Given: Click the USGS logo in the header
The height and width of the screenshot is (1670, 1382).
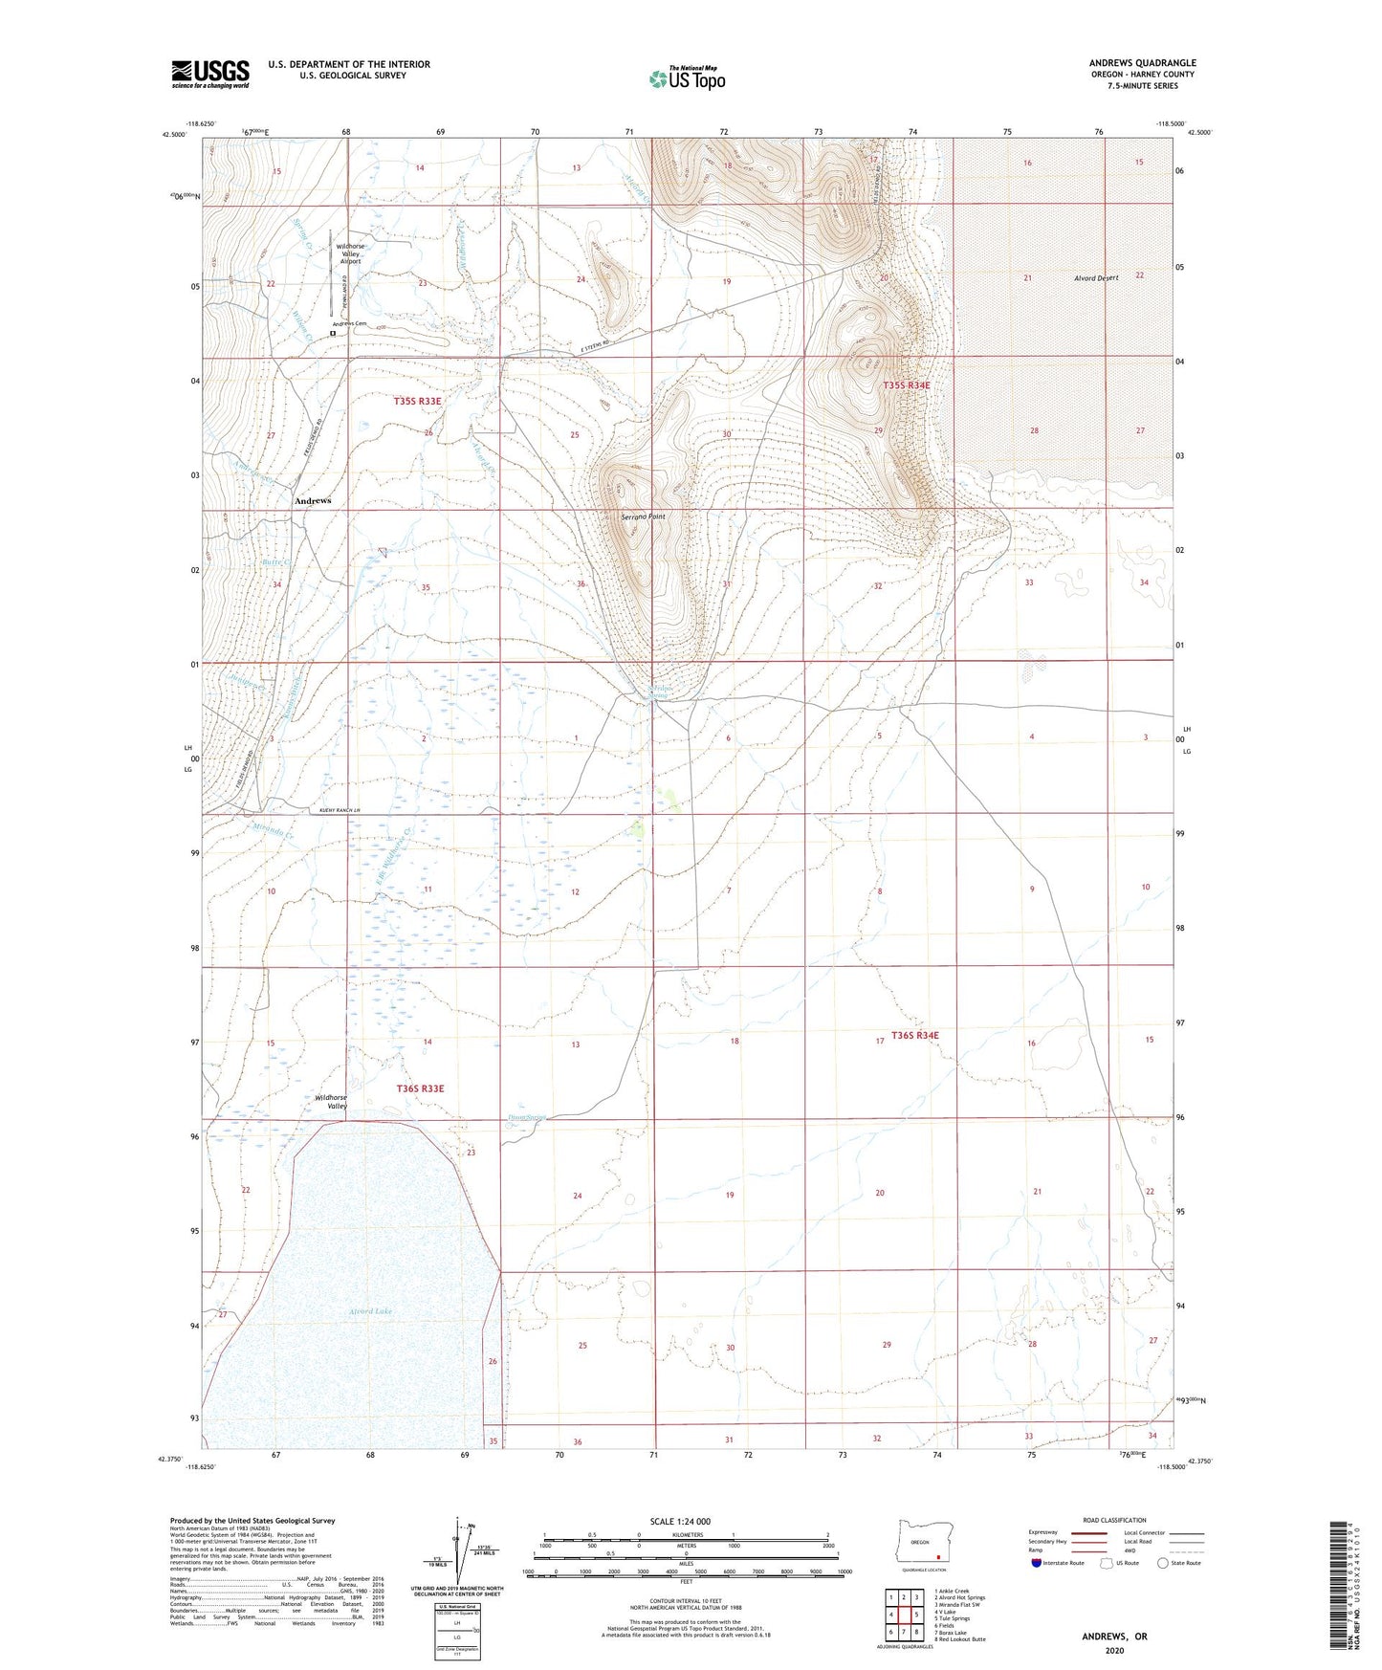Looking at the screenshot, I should pyautogui.click(x=210, y=74).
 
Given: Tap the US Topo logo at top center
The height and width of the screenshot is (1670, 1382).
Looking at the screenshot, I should pyautogui.click(x=686, y=77).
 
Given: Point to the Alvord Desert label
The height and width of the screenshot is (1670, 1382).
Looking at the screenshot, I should pyautogui.click(x=1095, y=278).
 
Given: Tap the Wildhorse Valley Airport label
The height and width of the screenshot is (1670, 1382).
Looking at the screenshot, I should pyautogui.click(x=350, y=253).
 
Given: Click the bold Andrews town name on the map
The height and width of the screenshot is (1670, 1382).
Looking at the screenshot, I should pyautogui.click(x=313, y=501).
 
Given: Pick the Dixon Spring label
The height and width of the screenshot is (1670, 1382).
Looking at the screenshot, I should pyautogui.click(x=527, y=1116).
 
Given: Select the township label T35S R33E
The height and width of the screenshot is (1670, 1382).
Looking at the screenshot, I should pyautogui.click(x=418, y=402).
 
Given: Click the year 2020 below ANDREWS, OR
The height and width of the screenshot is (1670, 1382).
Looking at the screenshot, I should pyautogui.click(x=1114, y=1650).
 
